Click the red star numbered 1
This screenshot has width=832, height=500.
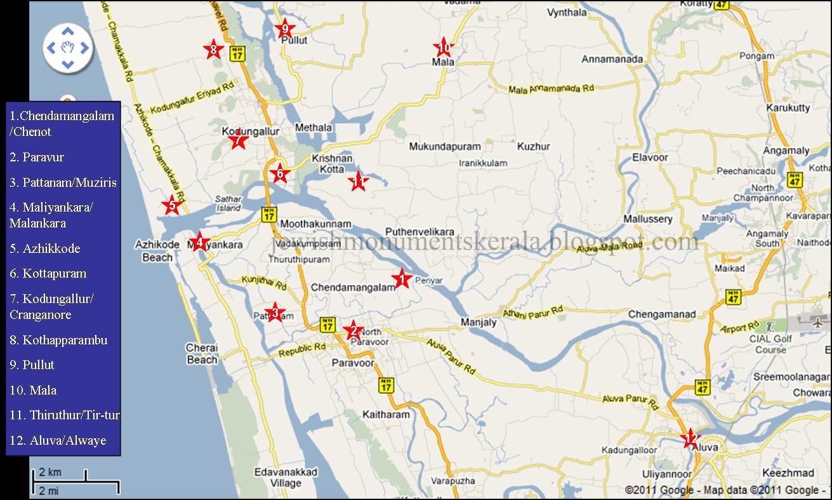(401, 278)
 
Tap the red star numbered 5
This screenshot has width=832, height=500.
(171, 205)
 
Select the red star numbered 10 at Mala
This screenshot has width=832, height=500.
(443, 48)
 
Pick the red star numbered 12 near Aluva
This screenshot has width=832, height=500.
(690, 438)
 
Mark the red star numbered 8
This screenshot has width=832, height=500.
(213, 50)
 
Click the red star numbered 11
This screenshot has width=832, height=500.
(358, 182)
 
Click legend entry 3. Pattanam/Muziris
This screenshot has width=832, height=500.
(63, 182)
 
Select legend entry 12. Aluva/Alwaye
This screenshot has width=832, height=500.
(58, 440)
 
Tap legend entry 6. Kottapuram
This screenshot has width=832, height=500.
(48, 273)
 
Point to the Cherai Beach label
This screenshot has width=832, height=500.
(202, 354)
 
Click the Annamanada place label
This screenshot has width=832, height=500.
(612, 60)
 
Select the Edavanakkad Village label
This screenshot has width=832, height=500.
(286, 478)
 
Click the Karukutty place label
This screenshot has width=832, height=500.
(788, 107)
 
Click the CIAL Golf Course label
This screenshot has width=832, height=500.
(770, 344)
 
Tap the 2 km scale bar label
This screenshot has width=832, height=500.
(50, 473)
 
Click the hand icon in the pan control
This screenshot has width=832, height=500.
(68, 48)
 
